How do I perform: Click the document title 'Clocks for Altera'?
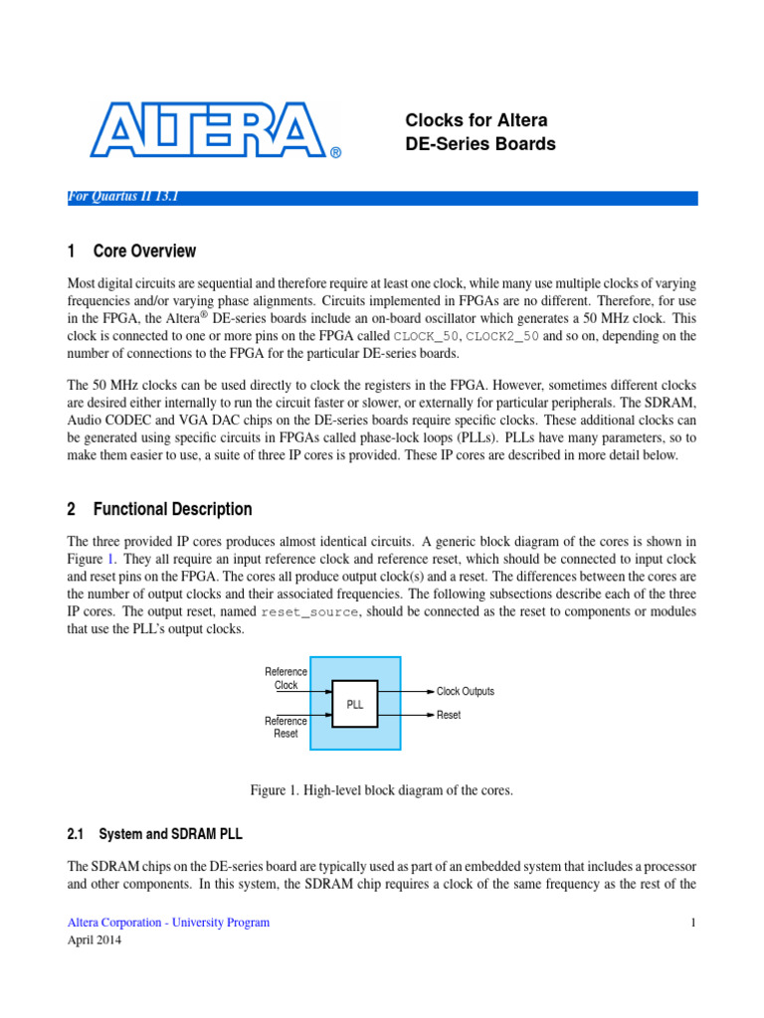point(477,120)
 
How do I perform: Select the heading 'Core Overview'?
point(144,252)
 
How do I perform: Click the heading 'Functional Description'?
point(172,509)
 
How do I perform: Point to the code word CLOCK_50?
point(426,337)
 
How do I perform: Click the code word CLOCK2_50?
point(502,337)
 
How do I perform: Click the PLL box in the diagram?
point(355,704)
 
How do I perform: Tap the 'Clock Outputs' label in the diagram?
point(466,691)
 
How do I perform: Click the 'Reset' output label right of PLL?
point(449,715)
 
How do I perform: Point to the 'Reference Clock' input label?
point(286,678)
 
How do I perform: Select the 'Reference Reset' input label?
point(286,727)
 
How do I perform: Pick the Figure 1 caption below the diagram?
point(381,790)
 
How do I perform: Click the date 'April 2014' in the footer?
point(94,940)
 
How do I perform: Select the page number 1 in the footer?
point(693,923)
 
